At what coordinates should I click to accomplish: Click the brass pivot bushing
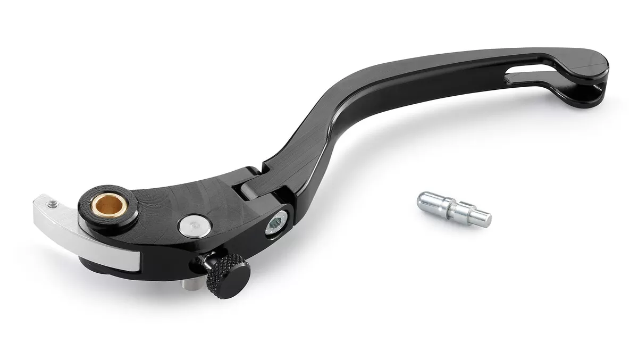click(109, 204)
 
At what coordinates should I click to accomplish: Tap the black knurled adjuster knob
click(228, 275)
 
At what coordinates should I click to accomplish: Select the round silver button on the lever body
click(195, 226)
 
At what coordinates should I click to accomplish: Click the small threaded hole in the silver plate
click(52, 204)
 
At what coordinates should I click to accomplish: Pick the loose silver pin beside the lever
click(454, 208)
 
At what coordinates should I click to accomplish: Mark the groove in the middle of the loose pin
click(453, 208)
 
